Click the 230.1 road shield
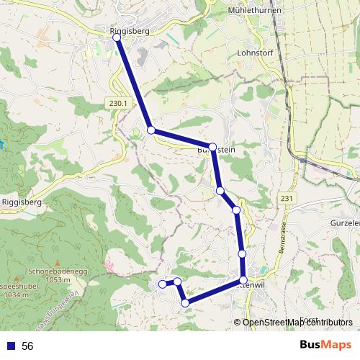click(119, 104)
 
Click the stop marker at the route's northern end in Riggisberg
click(117, 37)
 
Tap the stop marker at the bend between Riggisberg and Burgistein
click(151, 130)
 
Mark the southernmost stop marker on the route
click(186, 303)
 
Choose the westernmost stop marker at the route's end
click(162, 284)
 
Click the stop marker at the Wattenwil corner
click(243, 279)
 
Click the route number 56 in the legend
click(27, 346)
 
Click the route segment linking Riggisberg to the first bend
click(134, 84)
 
